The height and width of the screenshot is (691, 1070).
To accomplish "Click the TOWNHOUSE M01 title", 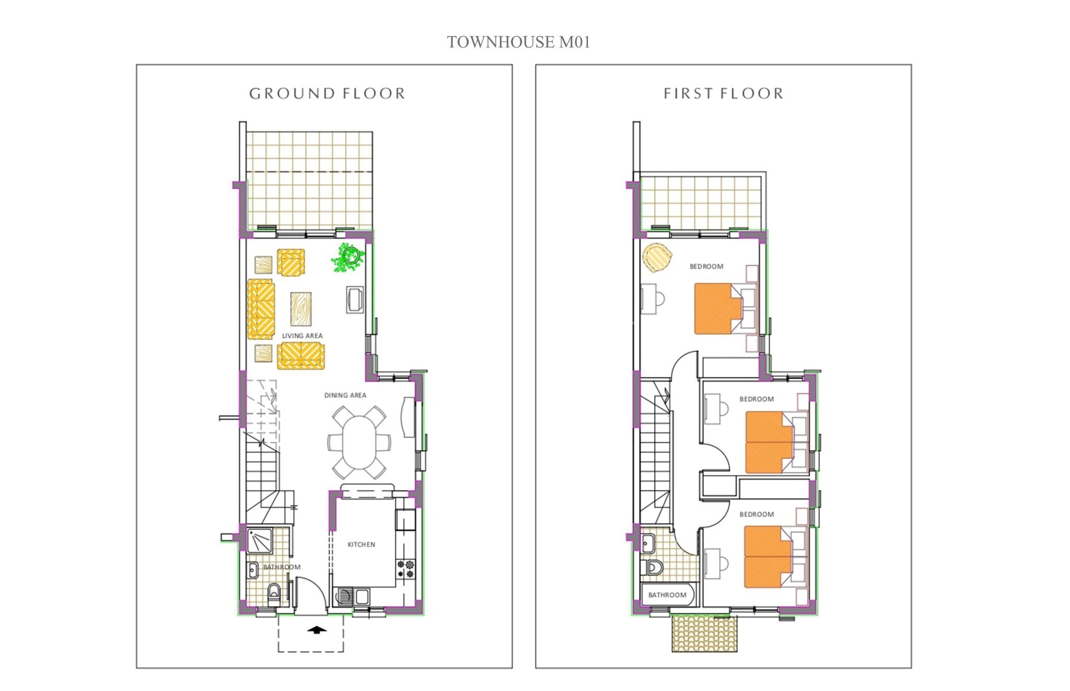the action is [x=518, y=42].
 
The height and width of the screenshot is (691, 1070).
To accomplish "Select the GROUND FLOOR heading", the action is [x=327, y=93].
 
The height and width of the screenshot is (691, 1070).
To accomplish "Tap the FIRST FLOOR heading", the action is [x=724, y=93].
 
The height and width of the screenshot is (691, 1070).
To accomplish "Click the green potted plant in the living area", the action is [x=348, y=257].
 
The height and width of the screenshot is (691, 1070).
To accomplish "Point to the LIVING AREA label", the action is [x=302, y=336].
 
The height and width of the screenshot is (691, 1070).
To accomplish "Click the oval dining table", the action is [x=359, y=442].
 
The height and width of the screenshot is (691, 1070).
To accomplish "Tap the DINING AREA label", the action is [x=345, y=395].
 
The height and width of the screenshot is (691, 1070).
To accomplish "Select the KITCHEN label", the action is [x=362, y=544].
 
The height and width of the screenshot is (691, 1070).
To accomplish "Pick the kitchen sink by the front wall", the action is [x=353, y=596].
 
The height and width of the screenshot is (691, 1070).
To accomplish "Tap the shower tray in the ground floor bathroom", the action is [x=259, y=540].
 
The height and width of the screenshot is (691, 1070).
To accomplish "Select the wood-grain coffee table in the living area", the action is [x=303, y=308].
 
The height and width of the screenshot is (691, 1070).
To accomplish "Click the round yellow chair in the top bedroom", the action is [x=657, y=257].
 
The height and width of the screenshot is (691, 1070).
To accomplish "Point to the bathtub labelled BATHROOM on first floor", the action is [x=668, y=595].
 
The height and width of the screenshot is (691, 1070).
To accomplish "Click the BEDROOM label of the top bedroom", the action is [x=706, y=266].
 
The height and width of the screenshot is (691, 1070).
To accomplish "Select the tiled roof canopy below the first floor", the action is [x=704, y=634].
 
